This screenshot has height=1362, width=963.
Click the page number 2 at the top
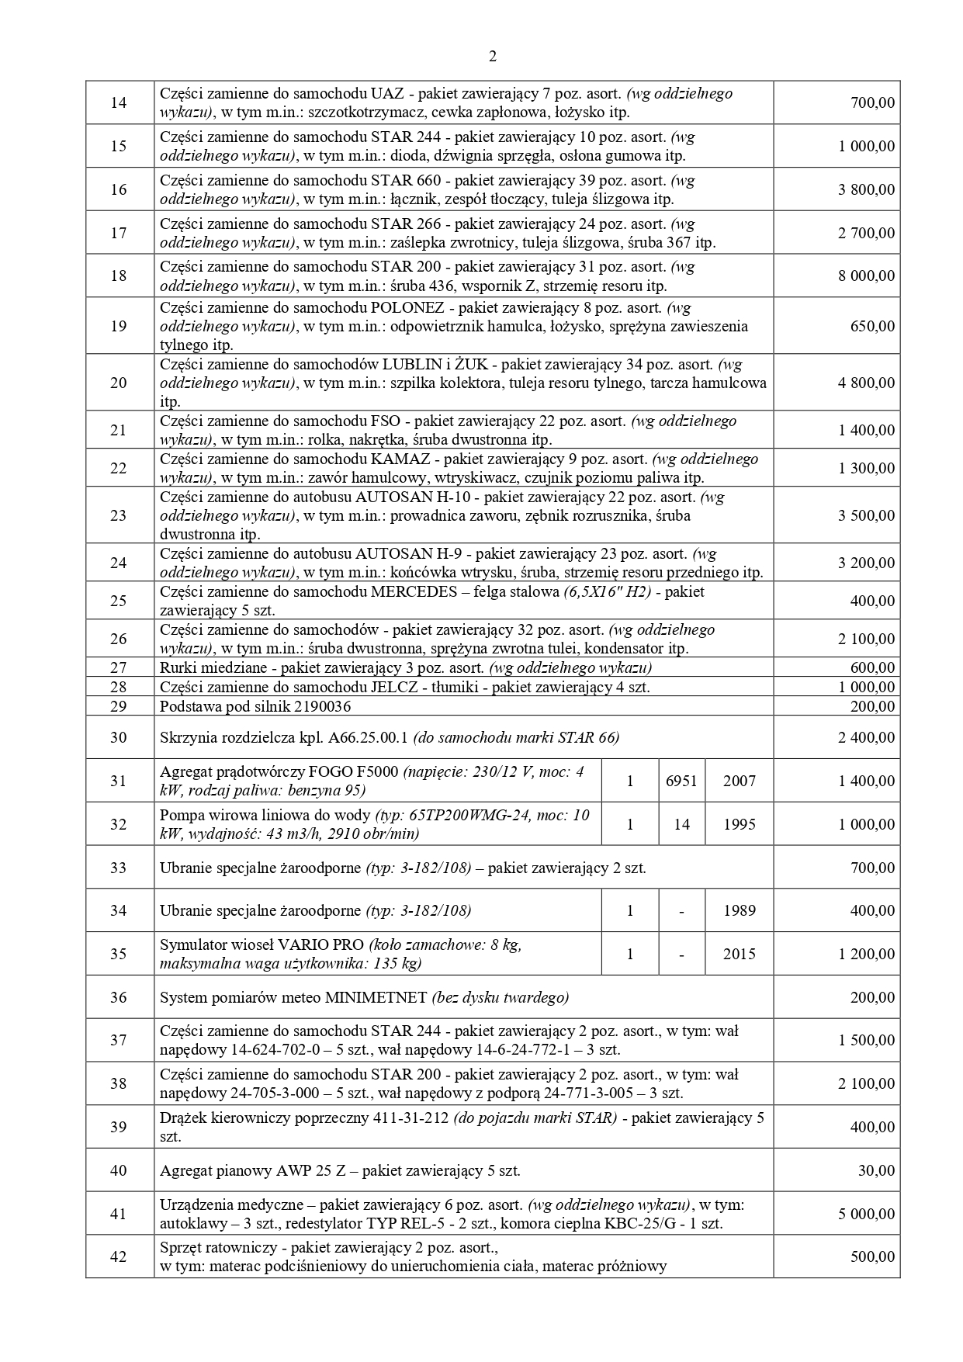pos(492,57)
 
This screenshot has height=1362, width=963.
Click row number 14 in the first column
pos(119,102)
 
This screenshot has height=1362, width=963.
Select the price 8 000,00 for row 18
pos(866,276)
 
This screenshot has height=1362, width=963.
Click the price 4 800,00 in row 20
pos(866,383)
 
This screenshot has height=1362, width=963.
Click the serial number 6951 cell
pos(681,781)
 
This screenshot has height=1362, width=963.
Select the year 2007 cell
pos(739,781)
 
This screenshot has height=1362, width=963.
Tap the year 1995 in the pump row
pos(739,824)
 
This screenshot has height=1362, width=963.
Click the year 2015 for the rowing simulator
pos(739,954)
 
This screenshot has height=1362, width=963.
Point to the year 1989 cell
pos(739,910)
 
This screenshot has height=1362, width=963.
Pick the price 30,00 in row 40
pos(876,1170)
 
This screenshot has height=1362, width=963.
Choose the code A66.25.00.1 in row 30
pos(369,737)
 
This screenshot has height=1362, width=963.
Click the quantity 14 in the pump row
pos(681,824)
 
